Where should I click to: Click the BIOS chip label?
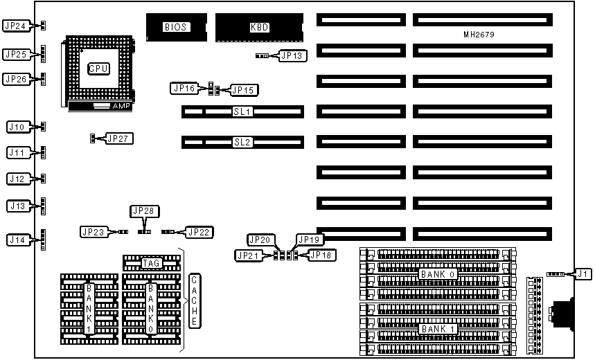point(173,28)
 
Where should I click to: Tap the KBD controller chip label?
point(259,28)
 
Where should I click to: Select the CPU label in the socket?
point(98,69)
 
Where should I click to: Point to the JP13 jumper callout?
point(290,56)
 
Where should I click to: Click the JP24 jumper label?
point(15,26)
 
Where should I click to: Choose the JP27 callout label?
point(118,138)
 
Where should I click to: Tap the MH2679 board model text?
point(479,34)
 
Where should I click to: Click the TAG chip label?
point(152,263)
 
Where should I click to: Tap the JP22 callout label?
point(199,232)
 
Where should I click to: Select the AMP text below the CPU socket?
point(121,107)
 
